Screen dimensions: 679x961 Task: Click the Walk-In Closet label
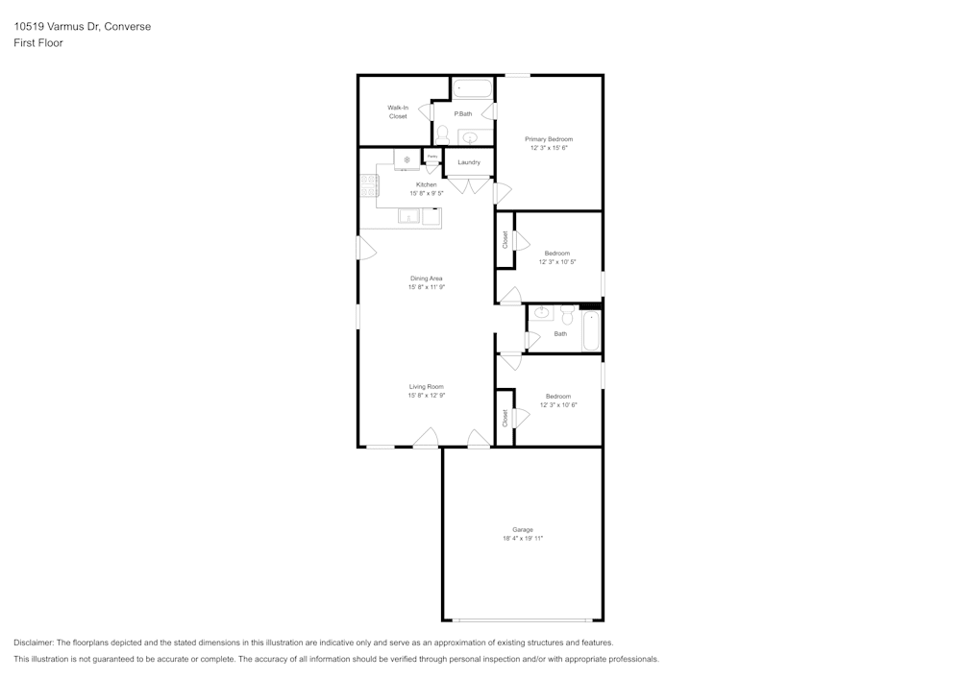(398, 111)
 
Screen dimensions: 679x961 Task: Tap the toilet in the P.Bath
(442, 133)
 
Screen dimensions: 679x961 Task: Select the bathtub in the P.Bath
(472, 88)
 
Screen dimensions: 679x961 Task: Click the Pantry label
(432, 156)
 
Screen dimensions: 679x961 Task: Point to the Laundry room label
(469, 162)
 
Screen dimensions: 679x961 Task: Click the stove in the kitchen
(369, 185)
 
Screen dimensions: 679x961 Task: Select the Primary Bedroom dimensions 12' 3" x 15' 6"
(549, 148)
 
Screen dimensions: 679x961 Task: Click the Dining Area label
(426, 279)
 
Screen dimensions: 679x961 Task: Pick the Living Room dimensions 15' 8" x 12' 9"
(426, 395)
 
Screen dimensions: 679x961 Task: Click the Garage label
(522, 529)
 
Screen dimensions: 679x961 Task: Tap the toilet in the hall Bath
(567, 314)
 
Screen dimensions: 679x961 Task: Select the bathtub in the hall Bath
(590, 331)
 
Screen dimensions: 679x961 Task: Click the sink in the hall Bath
(541, 312)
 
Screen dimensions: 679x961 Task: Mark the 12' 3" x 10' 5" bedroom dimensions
(557, 261)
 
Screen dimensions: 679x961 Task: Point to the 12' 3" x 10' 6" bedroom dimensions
(558, 404)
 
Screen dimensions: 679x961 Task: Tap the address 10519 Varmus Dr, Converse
(82, 27)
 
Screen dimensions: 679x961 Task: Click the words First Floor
(38, 43)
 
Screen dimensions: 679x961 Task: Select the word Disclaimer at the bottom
(34, 643)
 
